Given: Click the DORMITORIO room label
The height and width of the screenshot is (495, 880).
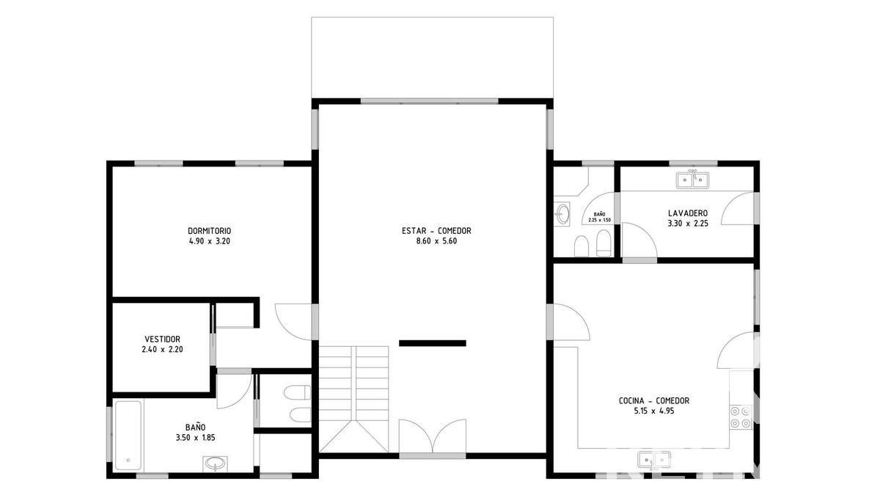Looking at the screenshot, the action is click(210, 231).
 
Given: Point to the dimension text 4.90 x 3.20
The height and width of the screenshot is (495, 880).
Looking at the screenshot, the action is click(210, 241).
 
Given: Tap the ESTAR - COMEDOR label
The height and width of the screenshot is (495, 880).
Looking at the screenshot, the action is click(436, 230).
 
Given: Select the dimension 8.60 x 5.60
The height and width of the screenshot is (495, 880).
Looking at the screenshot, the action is click(436, 241).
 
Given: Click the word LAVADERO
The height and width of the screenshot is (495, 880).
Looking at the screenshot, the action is click(688, 213).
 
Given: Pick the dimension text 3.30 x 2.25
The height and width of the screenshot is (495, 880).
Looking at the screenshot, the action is click(688, 224).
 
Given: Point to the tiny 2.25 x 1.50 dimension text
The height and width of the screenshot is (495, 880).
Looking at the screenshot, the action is click(600, 220).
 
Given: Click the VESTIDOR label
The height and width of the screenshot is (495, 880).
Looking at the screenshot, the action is click(162, 339).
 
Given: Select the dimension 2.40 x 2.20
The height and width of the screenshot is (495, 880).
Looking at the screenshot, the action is click(162, 349).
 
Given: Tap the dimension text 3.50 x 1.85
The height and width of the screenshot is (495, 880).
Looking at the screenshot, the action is click(195, 438).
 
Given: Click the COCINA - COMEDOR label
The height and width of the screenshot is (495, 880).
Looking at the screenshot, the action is click(653, 400).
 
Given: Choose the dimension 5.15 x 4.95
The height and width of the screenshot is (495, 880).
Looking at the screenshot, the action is click(653, 411).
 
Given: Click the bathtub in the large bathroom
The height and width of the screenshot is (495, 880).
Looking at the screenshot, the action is click(128, 436).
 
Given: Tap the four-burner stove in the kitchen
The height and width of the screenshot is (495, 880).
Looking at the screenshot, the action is click(741, 417).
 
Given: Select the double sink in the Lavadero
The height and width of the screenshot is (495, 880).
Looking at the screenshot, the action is click(692, 180).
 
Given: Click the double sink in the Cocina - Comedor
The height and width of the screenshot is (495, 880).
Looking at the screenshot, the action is click(654, 460).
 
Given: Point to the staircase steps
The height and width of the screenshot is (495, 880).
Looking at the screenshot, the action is click(353, 399).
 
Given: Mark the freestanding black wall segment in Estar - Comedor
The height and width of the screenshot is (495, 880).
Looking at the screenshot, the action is click(433, 343).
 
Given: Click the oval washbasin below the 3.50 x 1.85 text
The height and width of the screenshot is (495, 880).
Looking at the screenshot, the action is click(215, 463).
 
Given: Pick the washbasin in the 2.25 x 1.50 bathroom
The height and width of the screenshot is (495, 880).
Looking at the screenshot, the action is click(562, 214).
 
